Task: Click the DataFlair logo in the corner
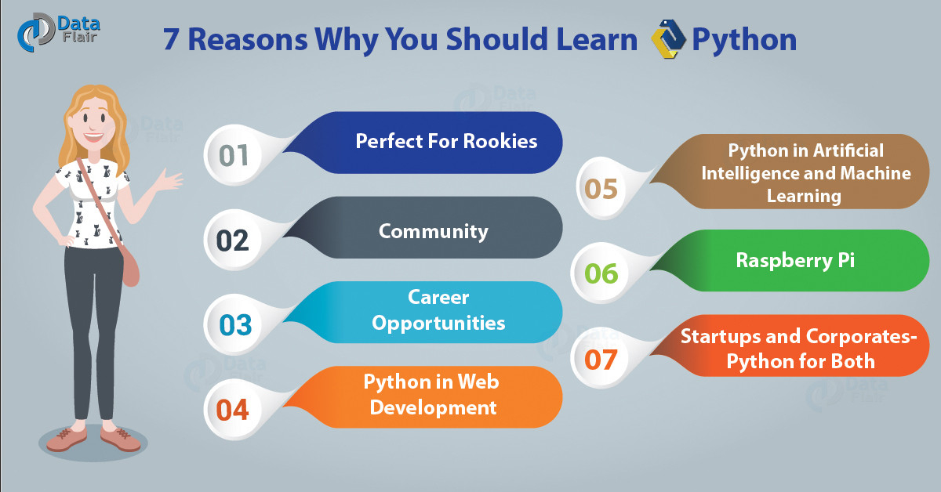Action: coord(58,32)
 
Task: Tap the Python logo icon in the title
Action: coord(668,38)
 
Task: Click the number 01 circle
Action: coord(233,155)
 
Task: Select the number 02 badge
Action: coord(233,240)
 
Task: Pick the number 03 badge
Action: coord(234,325)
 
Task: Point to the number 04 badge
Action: coord(233,410)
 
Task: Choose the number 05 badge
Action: coord(601,189)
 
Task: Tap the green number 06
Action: coord(601,273)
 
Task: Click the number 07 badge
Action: coord(601,358)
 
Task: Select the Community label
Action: coord(434,232)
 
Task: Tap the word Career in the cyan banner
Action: coord(438,298)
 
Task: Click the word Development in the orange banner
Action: coord(433,408)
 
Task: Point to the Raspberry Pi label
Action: coord(795,261)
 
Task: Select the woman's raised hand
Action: coord(170,180)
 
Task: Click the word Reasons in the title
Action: coord(248,40)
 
